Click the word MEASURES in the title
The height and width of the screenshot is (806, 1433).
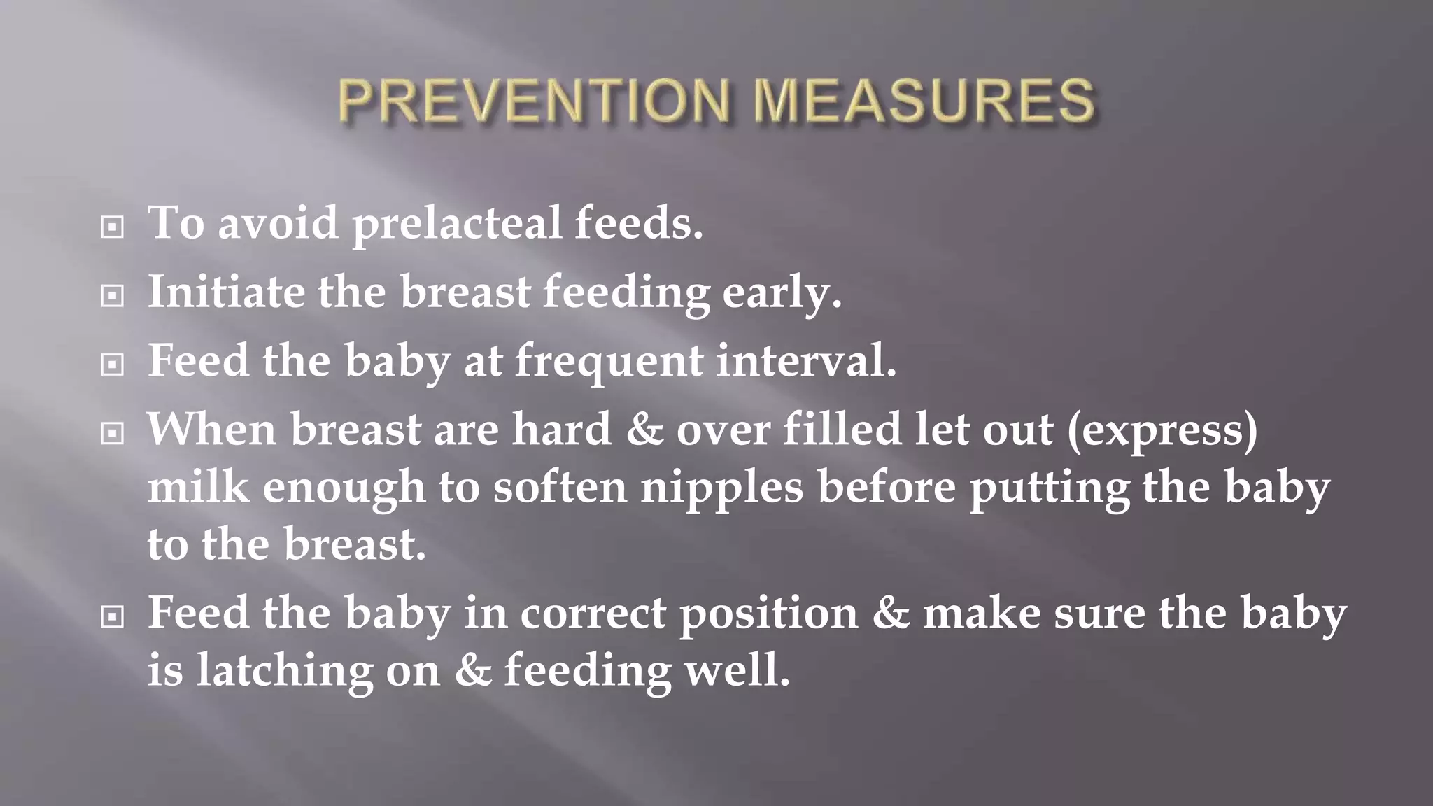click(x=924, y=101)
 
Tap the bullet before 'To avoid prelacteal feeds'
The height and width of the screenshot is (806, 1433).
click(x=112, y=227)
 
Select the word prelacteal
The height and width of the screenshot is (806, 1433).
click(x=457, y=224)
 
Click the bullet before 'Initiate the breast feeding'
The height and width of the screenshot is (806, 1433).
click(x=112, y=296)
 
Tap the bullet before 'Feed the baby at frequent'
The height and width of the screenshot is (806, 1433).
click(x=112, y=365)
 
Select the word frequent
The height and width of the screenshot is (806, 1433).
click(x=609, y=362)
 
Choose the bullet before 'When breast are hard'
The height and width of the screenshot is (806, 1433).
click(x=112, y=433)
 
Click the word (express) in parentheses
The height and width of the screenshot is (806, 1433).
click(x=1162, y=430)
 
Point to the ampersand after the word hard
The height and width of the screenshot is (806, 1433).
click(x=644, y=430)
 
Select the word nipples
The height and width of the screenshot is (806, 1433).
click(x=722, y=488)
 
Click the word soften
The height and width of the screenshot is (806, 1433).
click(x=560, y=487)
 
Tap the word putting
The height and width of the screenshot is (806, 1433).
click(x=1049, y=488)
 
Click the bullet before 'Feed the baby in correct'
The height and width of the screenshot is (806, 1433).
click(x=112, y=616)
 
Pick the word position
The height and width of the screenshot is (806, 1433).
click(x=768, y=614)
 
